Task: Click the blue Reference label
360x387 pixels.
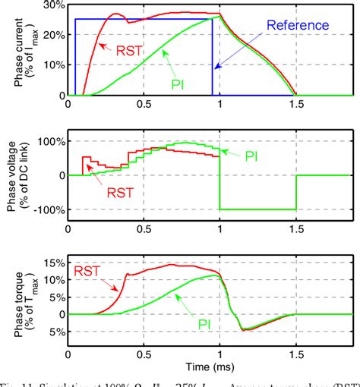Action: pos(300,25)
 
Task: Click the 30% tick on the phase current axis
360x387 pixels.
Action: pos(52,5)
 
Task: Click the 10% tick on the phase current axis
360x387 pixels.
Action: pos(52,65)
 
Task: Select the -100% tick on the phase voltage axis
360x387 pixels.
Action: pos(48,209)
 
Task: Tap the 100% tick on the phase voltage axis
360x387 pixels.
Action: pos(50,142)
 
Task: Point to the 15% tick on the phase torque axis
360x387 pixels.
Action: pos(52,264)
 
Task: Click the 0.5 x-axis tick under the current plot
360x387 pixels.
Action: pos(144,104)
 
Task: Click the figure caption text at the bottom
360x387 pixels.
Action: pos(180,382)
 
